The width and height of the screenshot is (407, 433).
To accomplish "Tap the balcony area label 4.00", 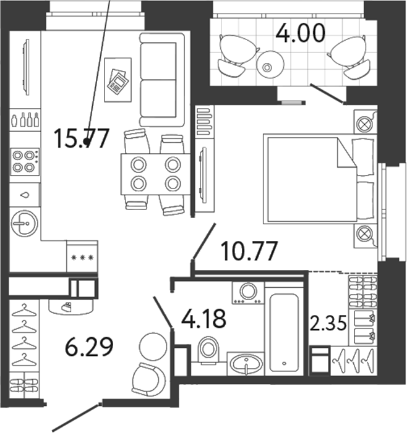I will point(300,32).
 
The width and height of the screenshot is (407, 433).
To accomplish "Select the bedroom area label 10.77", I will point(249,252).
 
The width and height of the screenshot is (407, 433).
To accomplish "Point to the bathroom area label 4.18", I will point(203,320).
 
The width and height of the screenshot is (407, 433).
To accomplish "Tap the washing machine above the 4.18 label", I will point(248,292).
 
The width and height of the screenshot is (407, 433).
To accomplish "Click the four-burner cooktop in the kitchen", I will point(25,162).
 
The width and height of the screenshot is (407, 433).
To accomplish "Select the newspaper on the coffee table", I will point(118,80).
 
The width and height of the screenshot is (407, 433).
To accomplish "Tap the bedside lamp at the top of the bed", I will point(364,122).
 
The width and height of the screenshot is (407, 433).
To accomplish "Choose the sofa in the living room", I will point(161,80).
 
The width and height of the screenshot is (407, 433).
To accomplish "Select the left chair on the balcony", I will point(236,53).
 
